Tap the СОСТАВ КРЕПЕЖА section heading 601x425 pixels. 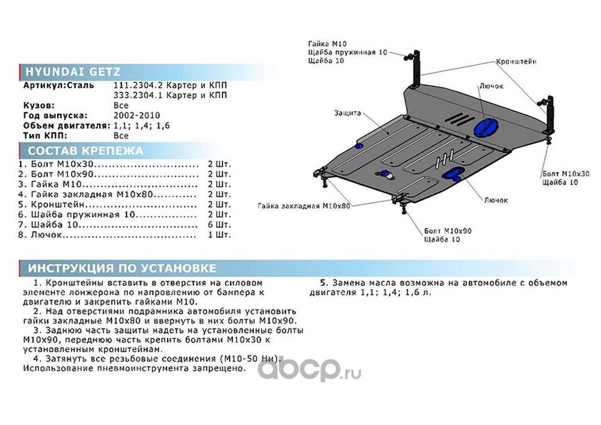click(x=85, y=150)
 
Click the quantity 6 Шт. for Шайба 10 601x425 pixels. click(x=219, y=225)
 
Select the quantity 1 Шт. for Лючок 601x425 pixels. click(x=219, y=235)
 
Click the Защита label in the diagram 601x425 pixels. click(x=348, y=113)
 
